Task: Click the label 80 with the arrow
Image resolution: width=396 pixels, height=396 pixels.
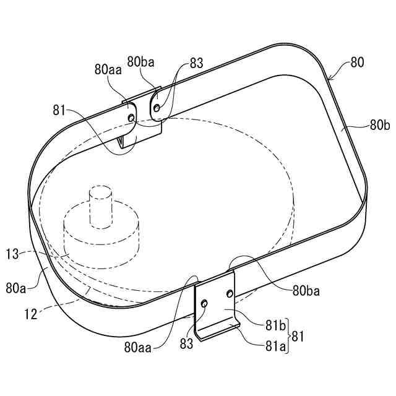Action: click(x=357, y=62)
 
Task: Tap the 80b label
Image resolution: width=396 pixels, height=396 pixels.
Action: click(x=380, y=125)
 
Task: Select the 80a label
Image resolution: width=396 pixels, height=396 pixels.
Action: click(x=15, y=288)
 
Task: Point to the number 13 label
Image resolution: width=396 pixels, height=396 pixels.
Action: click(x=12, y=254)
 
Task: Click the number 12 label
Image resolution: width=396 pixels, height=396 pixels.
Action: click(x=31, y=314)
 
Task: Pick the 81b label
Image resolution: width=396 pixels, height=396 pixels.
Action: click(x=275, y=325)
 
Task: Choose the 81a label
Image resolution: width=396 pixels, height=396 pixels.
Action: click(x=275, y=346)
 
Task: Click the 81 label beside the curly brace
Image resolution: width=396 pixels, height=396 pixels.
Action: click(x=298, y=336)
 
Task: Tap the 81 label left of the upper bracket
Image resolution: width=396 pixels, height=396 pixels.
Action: click(x=59, y=110)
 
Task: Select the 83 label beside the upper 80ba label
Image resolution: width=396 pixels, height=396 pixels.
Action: click(x=197, y=63)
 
